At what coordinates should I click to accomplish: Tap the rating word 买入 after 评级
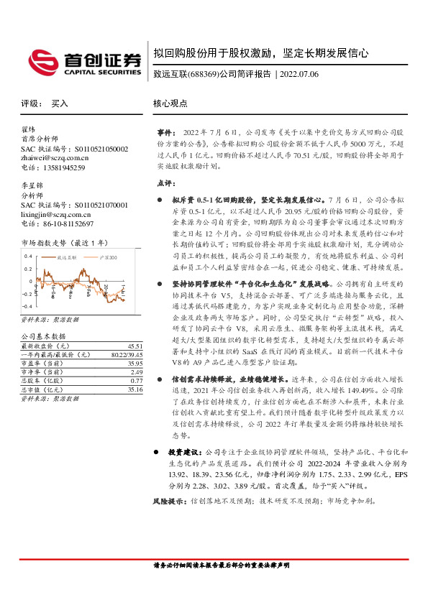pos(59,103)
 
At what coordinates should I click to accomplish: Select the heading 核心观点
pos(170,103)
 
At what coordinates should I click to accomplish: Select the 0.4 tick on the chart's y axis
pos(28,256)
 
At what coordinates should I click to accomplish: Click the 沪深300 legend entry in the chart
pos(104,257)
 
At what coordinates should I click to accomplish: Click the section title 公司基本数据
pos(42,316)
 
